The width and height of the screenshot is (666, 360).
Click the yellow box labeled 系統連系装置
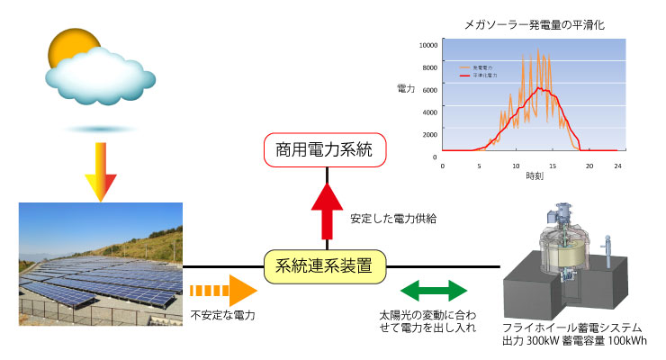click(x=328, y=266)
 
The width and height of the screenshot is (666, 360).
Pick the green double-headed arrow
click(x=434, y=290)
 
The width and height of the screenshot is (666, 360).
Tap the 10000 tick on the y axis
click(x=428, y=44)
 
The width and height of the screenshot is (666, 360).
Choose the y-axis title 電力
click(x=406, y=88)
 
